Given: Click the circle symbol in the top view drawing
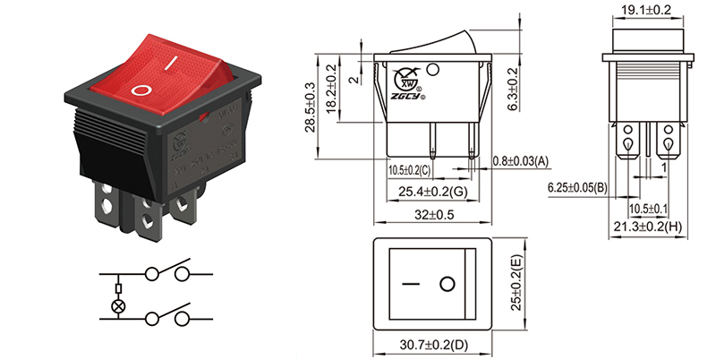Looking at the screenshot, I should tap(446, 285).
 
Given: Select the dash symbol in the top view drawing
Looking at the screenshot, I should tap(411, 285).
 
